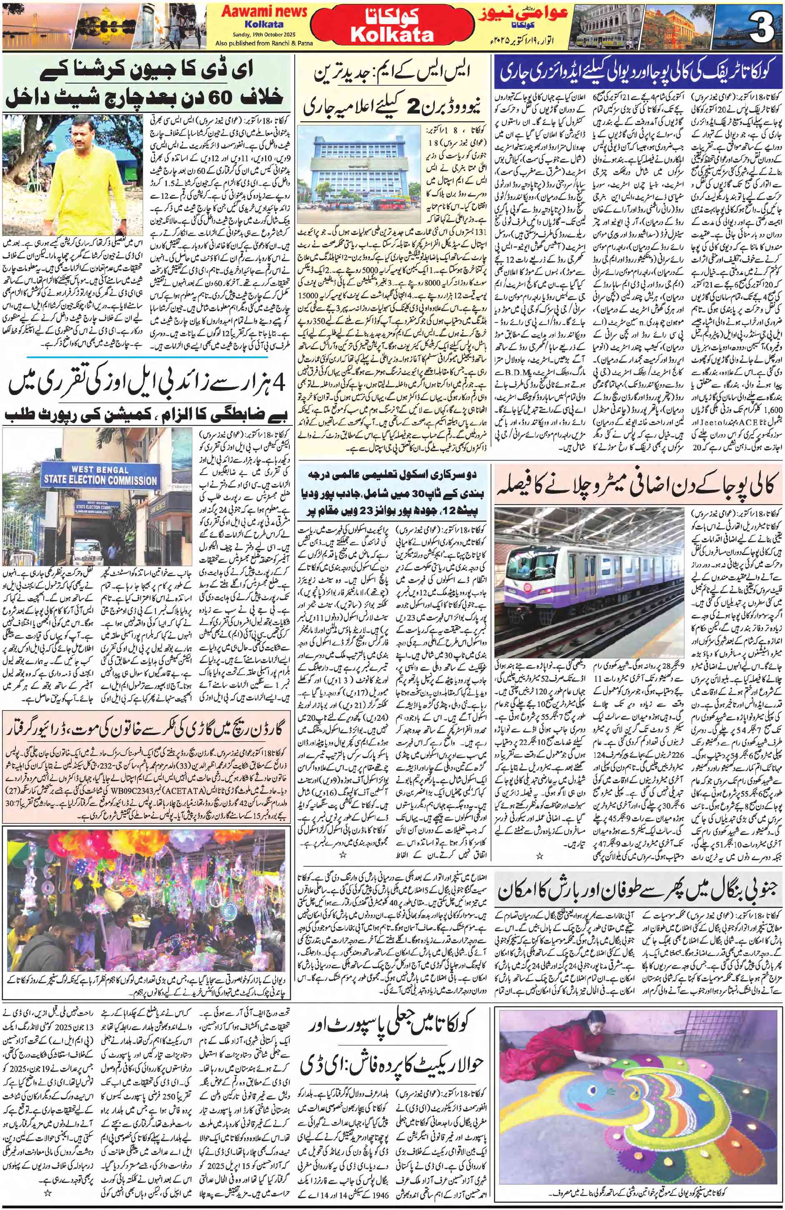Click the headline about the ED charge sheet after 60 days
(148, 84)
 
